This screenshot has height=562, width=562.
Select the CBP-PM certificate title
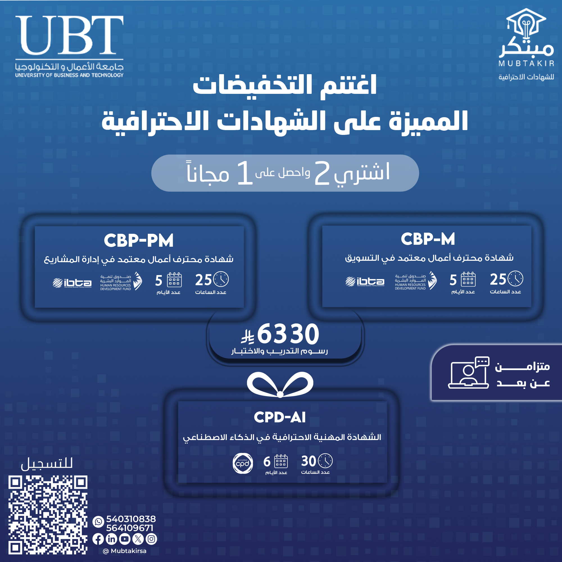(139, 240)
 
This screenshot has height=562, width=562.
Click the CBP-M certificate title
(428, 239)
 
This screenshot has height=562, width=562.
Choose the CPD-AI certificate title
(280, 417)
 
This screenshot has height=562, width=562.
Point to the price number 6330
(288, 334)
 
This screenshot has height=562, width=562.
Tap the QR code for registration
(48, 515)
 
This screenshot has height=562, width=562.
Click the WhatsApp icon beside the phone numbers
(98, 522)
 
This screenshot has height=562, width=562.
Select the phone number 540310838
(131, 519)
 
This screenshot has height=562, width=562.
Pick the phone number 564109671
(130, 528)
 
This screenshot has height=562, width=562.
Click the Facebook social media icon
(98, 539)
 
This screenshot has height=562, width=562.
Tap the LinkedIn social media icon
(111, 539)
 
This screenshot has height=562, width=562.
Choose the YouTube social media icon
(125, 539)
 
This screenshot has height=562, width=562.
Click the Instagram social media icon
(151, 539)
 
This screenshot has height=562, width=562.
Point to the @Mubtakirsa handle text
(125, 551)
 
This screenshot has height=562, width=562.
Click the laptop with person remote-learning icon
(469, 373)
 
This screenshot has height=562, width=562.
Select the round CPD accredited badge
(243, 463)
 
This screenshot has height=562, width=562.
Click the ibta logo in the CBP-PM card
(72, 283)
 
